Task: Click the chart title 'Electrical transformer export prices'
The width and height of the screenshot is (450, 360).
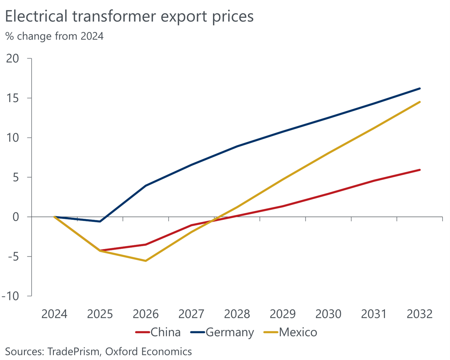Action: coord(129,17)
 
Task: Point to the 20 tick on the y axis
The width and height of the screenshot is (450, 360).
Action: coord(14,59)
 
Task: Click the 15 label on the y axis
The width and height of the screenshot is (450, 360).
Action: coord(15,98)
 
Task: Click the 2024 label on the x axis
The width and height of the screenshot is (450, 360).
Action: coord(54,314)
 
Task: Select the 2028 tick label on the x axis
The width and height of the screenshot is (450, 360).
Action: coord(237,314)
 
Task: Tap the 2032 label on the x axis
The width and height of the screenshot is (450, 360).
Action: coord(420,314)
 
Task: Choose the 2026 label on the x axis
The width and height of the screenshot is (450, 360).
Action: coord(146,314)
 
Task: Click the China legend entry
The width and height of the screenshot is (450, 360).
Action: coord(158,332)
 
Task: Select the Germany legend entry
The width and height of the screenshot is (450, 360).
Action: coord(222,332)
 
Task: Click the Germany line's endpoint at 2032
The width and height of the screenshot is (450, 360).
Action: coord(420,88)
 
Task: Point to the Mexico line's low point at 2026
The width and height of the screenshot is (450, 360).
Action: coord(146,261)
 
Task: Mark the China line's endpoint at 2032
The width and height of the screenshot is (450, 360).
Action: coord(420,170)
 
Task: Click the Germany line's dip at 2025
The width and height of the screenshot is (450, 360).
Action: coord(100,221)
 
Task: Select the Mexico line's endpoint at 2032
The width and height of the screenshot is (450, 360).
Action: coord(420,102)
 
